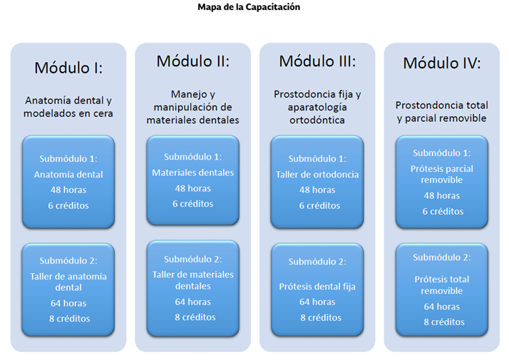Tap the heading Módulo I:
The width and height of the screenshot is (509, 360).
click(x=68, y=69)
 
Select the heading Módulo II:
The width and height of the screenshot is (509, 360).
click(x=192, y=61)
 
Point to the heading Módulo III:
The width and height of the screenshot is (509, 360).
click(x=317, y=61)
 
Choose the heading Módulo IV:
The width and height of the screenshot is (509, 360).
click(x=441, y=63)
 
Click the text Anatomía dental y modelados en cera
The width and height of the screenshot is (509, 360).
click(x=68, y=107)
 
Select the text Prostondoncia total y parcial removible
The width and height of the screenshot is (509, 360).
click(x=441, y=112)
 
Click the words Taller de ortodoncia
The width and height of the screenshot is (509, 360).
click(x=317, y=175)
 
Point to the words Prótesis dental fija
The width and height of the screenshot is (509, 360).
click(x=317, y=287)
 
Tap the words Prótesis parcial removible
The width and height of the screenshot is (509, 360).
click(x=441, y=175)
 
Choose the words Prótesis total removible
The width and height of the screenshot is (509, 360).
click(x=441, y=286)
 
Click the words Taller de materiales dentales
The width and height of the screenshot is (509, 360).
click(x=192, y=280)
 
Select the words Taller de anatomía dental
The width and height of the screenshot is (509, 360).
click(x=68, y=282)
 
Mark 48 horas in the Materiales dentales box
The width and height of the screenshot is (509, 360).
click(x=192, y=189)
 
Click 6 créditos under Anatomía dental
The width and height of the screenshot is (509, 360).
click(x=68, y=206)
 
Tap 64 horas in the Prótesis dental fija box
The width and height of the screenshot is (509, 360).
click(x=317, y=302)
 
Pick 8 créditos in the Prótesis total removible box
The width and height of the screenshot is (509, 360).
click(x=441, y=322)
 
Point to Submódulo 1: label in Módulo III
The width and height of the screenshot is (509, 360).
click(x=317, y=159)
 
